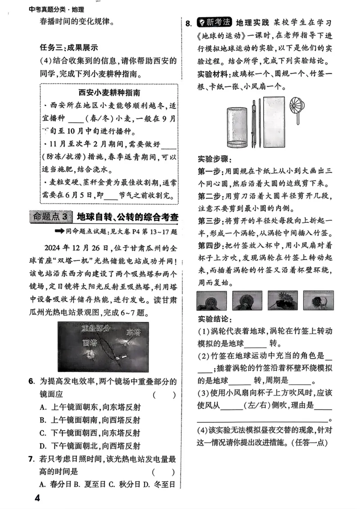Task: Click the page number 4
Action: click(37, 498)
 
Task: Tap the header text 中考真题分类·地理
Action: click(56, 9)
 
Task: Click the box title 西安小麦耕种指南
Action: click(109, 93)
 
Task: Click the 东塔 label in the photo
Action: click(134, 333)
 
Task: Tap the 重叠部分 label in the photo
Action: click(96, 328)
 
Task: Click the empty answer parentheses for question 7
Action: click(164, 472)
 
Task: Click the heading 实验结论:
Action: click(215, 319)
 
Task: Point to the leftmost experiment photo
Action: click(211, 301)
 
